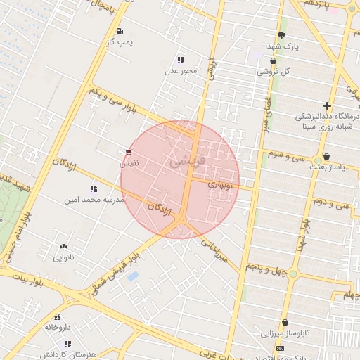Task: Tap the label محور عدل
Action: click(181, 70)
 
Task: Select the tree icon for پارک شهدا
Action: click(282, 35)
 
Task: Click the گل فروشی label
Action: click(274, 72)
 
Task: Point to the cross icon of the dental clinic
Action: click(327, 105)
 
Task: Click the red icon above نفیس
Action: click(127, 152)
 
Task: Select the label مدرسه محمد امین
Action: click(94, 200)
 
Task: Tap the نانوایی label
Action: click(64, 257)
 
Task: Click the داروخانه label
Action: click(58, 327)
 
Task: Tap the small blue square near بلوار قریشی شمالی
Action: click(132, 276)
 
